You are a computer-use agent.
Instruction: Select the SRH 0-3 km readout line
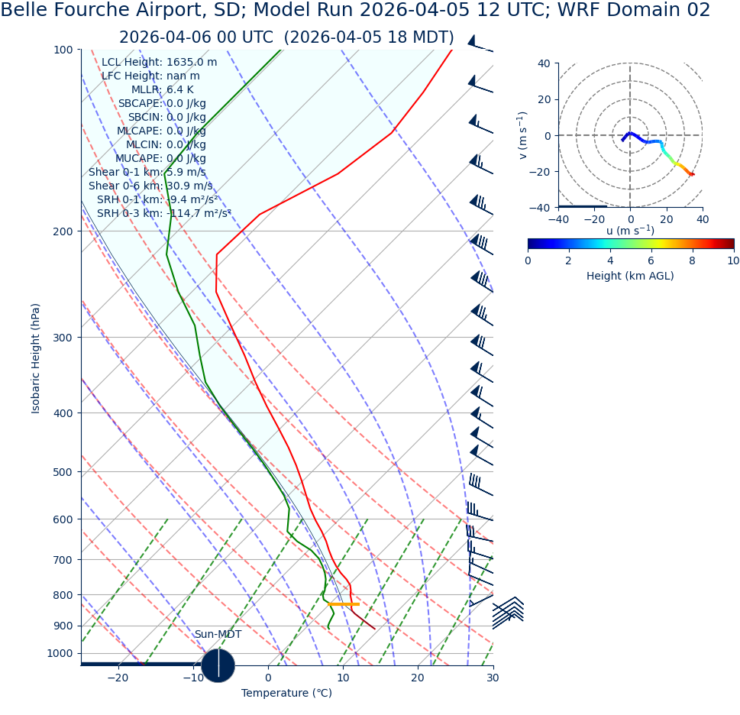coord(163,213)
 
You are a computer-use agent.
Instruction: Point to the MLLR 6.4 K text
coord(162,89)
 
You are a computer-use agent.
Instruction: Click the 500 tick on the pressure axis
coord(63,472)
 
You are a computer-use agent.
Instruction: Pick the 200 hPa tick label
coord(63,231)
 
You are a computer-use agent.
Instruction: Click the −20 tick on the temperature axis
coord(118,678)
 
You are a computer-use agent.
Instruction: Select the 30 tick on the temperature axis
coord(493,678)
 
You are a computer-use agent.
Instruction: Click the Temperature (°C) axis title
coord(286,693)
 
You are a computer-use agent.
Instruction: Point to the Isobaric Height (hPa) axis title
coord(36,358)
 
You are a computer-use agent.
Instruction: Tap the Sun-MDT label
coord(218,635)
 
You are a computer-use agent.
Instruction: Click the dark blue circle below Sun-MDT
coord(218,665)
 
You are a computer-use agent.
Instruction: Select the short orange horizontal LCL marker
coord(344,604)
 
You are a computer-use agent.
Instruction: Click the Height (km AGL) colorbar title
coord(630,276)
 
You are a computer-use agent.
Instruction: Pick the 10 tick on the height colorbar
coord(733,260)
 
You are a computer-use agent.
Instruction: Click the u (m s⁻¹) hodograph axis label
coord(630,231)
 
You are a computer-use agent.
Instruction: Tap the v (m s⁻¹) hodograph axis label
coord(523,135)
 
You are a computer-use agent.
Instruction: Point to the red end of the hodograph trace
coord(692,175)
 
